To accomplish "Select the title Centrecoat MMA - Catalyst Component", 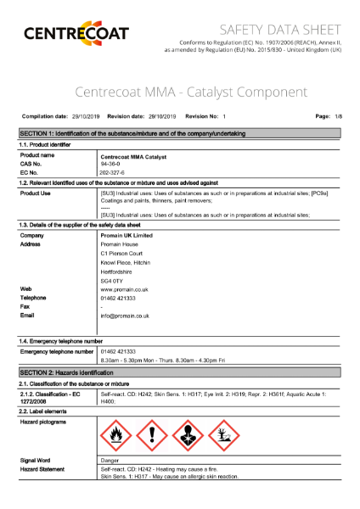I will (x=179, y=91).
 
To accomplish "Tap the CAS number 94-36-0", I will (x=112, y=164).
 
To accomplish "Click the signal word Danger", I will (x=113, y=460).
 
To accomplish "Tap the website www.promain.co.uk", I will (x=126, y=289).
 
